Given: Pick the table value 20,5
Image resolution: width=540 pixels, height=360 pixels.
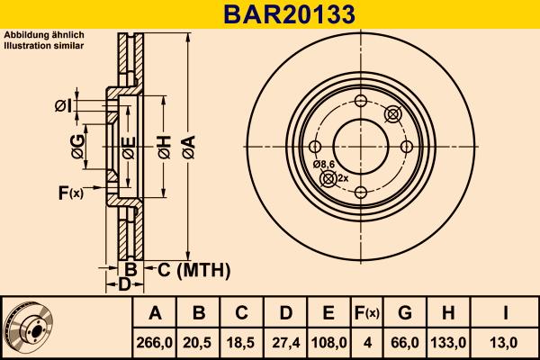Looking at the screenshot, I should point(199,342).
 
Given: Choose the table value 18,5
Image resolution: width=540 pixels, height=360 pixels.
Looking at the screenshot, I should point(242,342).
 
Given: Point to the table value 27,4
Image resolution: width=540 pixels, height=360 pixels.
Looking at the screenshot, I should point(285,342).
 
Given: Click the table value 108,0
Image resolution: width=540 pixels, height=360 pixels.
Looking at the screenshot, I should point(328,342).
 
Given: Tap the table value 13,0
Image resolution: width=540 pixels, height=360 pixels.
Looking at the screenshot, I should point(507,342).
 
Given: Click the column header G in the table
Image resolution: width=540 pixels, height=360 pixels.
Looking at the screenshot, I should point(405,313).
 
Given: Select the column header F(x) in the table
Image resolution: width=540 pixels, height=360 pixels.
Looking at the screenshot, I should point(366,313).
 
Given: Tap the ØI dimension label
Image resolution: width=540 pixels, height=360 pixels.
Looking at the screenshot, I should point(63,106).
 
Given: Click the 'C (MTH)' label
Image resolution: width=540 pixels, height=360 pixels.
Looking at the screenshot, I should point(194,269).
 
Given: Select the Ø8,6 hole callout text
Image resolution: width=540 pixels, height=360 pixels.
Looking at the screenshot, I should point(324,165).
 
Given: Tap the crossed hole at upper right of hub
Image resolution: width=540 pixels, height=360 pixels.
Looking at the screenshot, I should point(392,113).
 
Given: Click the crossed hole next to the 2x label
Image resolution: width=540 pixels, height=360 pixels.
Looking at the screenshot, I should point(328,179).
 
